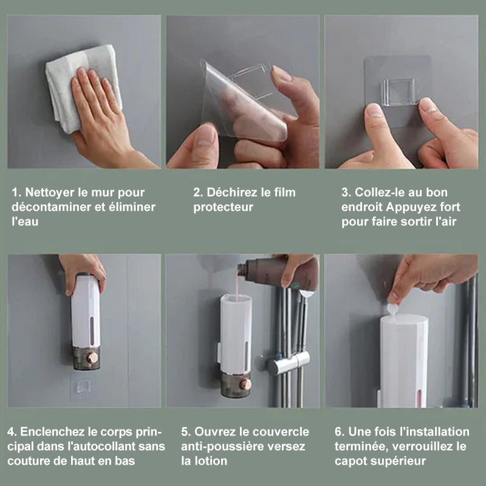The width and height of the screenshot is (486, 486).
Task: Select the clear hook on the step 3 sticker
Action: (399, 92)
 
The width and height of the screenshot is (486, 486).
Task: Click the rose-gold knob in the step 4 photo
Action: (92, 357)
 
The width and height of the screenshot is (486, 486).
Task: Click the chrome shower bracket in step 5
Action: (288, 363)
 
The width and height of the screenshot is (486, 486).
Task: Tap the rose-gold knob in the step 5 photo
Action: (245, 385)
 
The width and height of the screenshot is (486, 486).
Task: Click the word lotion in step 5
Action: (211, 461)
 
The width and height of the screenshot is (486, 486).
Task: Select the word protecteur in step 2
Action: (223, 207)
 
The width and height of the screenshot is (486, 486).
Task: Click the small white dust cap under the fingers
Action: (392, 309)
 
